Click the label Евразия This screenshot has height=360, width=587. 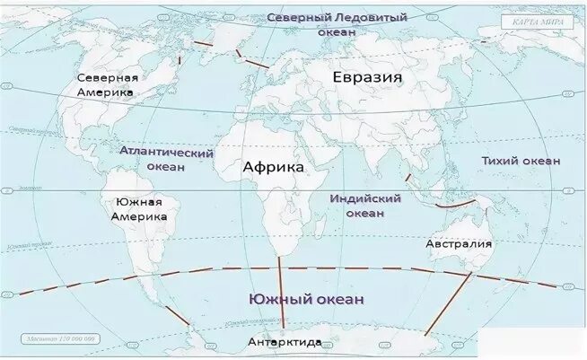367,77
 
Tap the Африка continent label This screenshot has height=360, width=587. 274,167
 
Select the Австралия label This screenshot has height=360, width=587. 459,243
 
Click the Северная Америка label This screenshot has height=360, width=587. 106,85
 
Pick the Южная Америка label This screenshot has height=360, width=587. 139,210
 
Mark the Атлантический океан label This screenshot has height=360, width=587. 166,161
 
